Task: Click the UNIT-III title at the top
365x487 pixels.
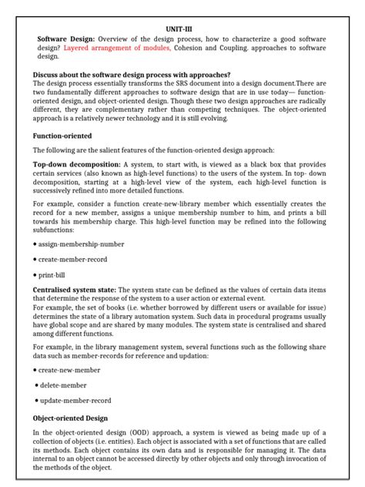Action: click(x=182, y=29)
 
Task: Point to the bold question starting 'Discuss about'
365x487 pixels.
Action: click(x=132, y=75)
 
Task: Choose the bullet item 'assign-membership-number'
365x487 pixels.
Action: click(x=81, y=243)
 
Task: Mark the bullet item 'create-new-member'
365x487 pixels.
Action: click(x=70, y=371)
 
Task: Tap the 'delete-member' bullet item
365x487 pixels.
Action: click(x=63, y=385)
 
